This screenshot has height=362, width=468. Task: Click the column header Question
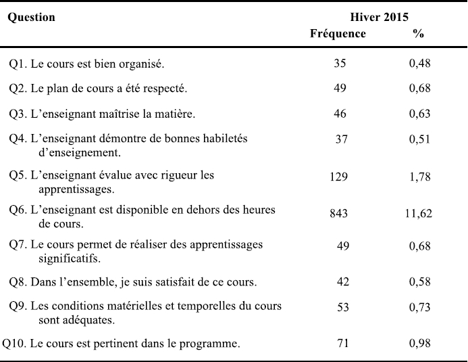[x=31, y=18]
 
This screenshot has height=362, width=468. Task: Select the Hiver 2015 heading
[x=379, y=17]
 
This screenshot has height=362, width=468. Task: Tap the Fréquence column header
[x=338, y=33]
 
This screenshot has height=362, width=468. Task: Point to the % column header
[x=419, y=34]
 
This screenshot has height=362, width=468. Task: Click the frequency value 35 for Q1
[x=340, y=63]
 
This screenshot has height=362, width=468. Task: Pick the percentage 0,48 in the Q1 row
[x=420, y=64]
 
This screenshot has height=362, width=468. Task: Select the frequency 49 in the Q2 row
[x=340, y=88]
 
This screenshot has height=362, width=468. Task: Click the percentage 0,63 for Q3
[x=420, y=114]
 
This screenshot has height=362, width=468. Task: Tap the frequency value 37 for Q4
[x=342, y=139]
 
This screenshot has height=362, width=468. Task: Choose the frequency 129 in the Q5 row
[x=339, y=177]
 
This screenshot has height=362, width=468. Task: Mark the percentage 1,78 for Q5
[x=420, y=177]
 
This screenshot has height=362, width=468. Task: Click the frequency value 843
[x=339, y=213]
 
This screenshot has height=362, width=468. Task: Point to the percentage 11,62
[x=419, y=213]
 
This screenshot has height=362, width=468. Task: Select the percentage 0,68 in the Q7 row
[x=420, y=246]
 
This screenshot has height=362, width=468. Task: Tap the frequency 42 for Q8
[x=343, y=281]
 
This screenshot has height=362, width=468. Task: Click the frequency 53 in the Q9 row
[x=343, y=307]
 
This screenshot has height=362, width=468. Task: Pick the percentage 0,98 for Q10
[x=420, y=343]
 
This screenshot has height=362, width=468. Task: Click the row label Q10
[x=15, y=344]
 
